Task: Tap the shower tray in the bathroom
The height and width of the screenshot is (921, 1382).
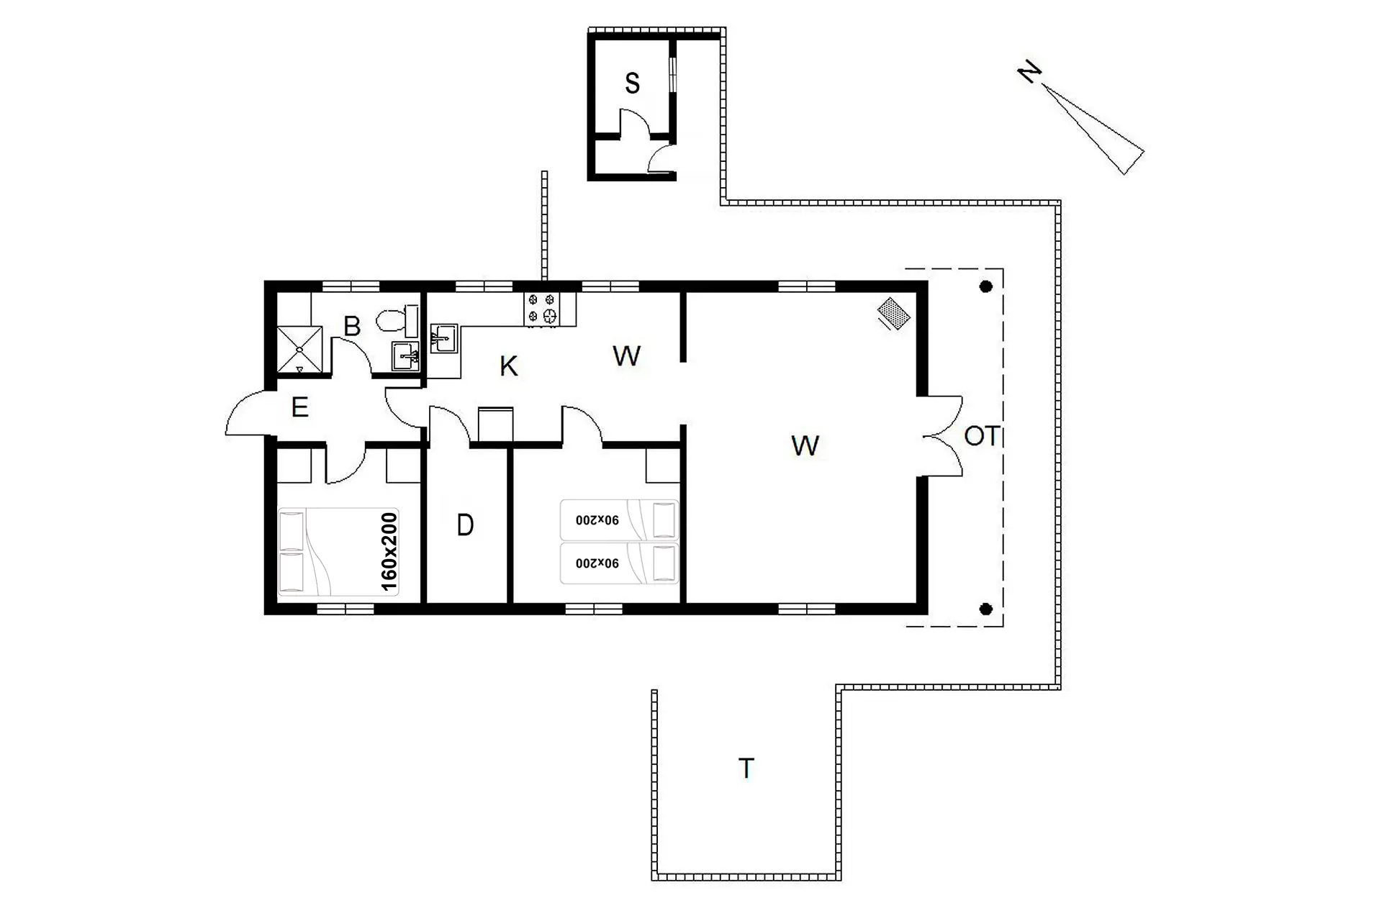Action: click(299, 350)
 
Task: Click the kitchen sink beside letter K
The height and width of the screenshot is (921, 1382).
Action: click(443, 338)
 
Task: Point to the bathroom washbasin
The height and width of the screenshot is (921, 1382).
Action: click(405, 356)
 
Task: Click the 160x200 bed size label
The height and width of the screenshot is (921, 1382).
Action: click(389, 552)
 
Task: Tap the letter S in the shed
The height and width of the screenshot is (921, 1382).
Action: click(632, 83)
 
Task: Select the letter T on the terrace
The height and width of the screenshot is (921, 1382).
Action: click(746, 768)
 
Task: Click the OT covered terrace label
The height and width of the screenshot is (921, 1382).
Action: click(982, 436)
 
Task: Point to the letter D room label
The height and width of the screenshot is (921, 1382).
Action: click(465, 526)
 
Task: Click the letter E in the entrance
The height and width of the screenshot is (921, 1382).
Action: click(300, 407)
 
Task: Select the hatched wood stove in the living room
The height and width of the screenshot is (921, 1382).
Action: click(894, 314)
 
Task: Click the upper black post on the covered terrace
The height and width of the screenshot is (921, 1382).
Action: click(986, 286)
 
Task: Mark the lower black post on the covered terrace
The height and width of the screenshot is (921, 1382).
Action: click(986, 609)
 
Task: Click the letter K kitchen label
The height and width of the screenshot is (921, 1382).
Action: click(508, 366)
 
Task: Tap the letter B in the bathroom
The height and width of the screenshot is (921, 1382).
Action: click(352, 326)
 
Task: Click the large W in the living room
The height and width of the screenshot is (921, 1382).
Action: click(805, 446)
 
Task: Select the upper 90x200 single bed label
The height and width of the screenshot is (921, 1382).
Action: click(597, 520)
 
